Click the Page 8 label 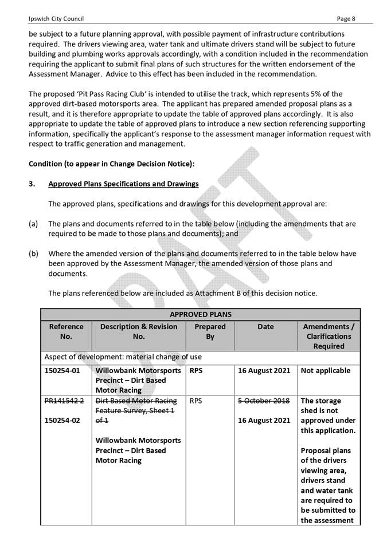click(346, 18)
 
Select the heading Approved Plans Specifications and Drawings click(123, 184)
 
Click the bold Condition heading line click(112, 164)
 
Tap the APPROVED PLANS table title click(200, 314)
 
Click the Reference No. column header click(66, 331)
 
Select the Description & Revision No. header click(139, 331)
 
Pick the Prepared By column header click(210, 331)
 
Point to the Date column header click(265, 327)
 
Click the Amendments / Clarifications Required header click(329, 336)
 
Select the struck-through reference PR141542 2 click(65, 401)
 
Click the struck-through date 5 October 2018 click(265, 401)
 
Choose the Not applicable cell click(325, 370)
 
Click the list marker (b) click(33, 253)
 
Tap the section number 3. click(32, 184)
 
